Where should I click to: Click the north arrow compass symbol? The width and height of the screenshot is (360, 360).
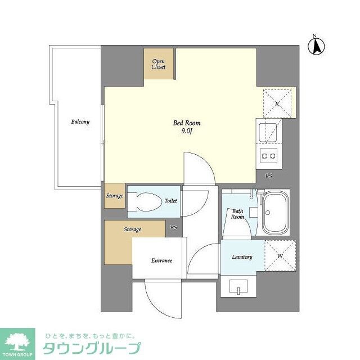317,46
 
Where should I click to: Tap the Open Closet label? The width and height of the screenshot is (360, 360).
159,64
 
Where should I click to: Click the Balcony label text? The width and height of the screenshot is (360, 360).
80,121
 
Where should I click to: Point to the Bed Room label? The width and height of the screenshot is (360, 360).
187,123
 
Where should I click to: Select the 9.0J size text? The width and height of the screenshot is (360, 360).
187,132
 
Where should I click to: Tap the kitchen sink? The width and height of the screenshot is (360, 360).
268,132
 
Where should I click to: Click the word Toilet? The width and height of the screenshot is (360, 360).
170,201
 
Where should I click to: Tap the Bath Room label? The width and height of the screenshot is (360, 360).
237,214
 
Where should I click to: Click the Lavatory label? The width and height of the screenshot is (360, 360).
242,257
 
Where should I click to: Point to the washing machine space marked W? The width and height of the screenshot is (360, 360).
280,256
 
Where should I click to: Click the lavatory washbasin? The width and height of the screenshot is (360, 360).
240,289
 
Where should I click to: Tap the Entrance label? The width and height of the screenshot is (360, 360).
161,260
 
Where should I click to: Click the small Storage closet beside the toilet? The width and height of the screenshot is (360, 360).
114,196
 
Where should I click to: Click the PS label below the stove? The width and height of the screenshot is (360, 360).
269,176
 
